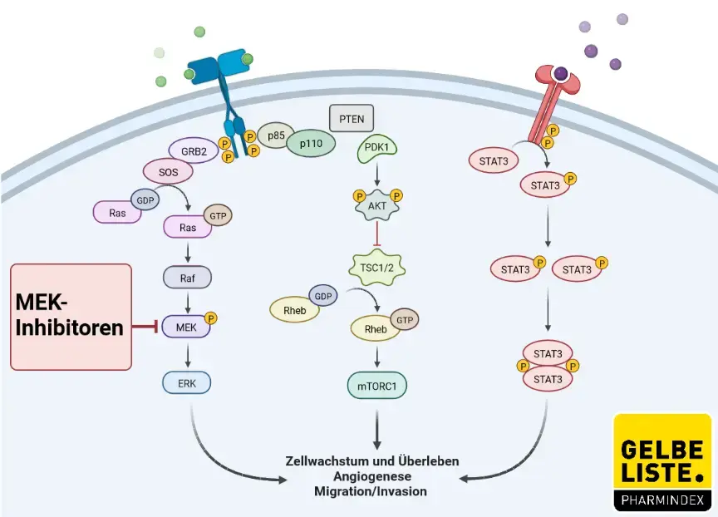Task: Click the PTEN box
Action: pyautogui.click(x=352, y=119)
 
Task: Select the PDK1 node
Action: pyautogui.click(x=378, y=150)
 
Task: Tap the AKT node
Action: pyautogui.click(x=378, y=204)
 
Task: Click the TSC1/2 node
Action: pyautogui.click(x=378, y=267)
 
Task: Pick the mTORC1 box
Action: pyautogui.click(x=378, y=387)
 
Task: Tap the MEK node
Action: pyautogui.click(x=187, y=328)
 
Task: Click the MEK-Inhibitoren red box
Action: pyautogui.click(x=71, y=317)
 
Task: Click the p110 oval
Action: pyautogui.click(x=311, y=144)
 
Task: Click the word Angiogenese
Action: pyautogui.click(x=371, y=476)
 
